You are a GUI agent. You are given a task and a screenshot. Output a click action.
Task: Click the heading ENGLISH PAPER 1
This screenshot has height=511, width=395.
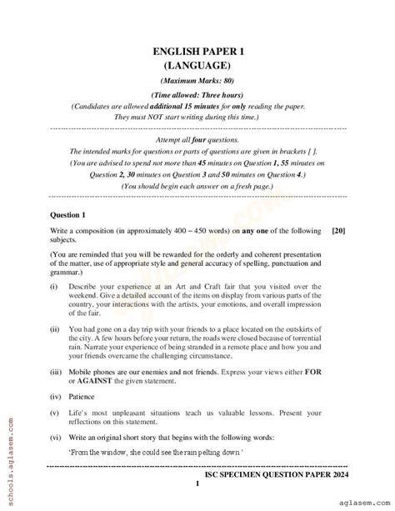tap(197, 52)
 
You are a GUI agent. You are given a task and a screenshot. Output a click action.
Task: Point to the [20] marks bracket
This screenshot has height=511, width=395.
tap(339, 229)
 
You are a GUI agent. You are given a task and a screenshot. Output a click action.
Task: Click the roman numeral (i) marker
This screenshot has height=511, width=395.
tap(54, 286)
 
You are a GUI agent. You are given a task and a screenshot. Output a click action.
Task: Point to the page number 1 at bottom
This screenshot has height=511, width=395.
tap(197, 484)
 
